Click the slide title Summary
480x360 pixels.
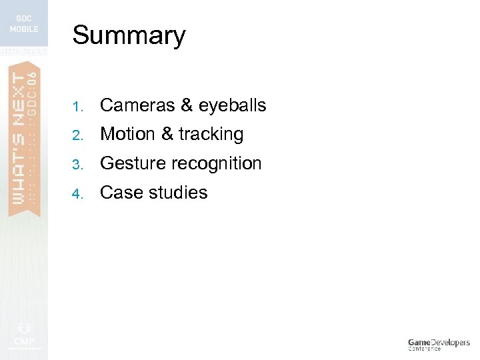click(x=129, y=35)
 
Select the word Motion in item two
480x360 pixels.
click(x=127, y=134)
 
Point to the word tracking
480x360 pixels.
click(x=211, y=135)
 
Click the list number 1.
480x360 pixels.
click(x=77, y=107)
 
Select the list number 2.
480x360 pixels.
click(x=77, y=135)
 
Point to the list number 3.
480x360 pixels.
click(x=77, y=165)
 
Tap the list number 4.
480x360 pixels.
click(x=77, y=194)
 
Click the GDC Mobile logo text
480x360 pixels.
click(x=23, y=24)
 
